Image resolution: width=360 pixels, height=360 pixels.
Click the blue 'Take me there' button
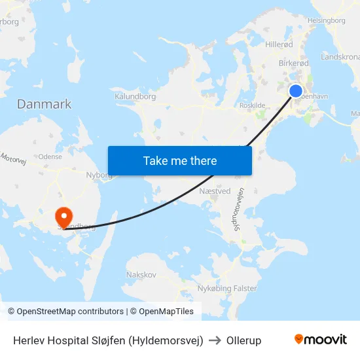pyautogui.click(x=179, y=160)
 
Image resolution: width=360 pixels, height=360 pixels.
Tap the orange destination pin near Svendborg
pyautogui.click(x=64, y=216)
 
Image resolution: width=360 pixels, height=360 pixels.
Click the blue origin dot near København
pyautogui.click(x=296, y=91)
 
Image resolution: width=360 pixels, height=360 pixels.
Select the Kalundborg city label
pyautogui.click(x=135, y=97)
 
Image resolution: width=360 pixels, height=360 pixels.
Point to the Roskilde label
pyautogui.click(x=253, y=105)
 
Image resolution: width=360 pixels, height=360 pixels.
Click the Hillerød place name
pyautogui.click(x=279, y=46)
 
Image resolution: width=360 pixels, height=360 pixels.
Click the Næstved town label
pyautogui.click(x=215, y=191)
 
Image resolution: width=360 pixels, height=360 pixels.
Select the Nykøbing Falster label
pyautogui.click(x=226, y=288)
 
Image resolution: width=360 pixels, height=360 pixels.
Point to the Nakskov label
pyautogui.click(x=141, y=275)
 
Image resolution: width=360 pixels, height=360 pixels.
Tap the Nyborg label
pyautogui.click(x=99, y=175)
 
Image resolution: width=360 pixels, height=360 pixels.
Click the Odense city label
pyautogui.click(x=50, y=156)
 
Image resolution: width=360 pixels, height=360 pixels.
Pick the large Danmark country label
pyautogui.click(x=44, y=104)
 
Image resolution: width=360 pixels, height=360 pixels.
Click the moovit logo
pyautogui.click(x=320, y=339)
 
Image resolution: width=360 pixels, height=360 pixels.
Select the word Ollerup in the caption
pyautogui.click(x=243, y=340)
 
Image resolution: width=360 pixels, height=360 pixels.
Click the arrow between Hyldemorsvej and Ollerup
pyautogui.click(x=215, y=340)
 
